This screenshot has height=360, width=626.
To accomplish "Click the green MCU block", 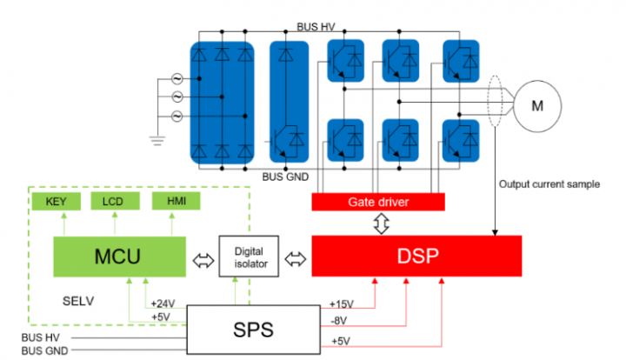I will click(x=118, y=257).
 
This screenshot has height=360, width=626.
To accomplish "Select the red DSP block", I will click(x=416, y=257).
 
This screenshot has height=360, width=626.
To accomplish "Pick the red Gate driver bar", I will click(x=378, y=202).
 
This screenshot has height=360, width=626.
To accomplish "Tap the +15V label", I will click(x=341, y=303).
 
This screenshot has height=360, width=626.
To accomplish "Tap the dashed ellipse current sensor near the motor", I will click(x=496, y=106).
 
